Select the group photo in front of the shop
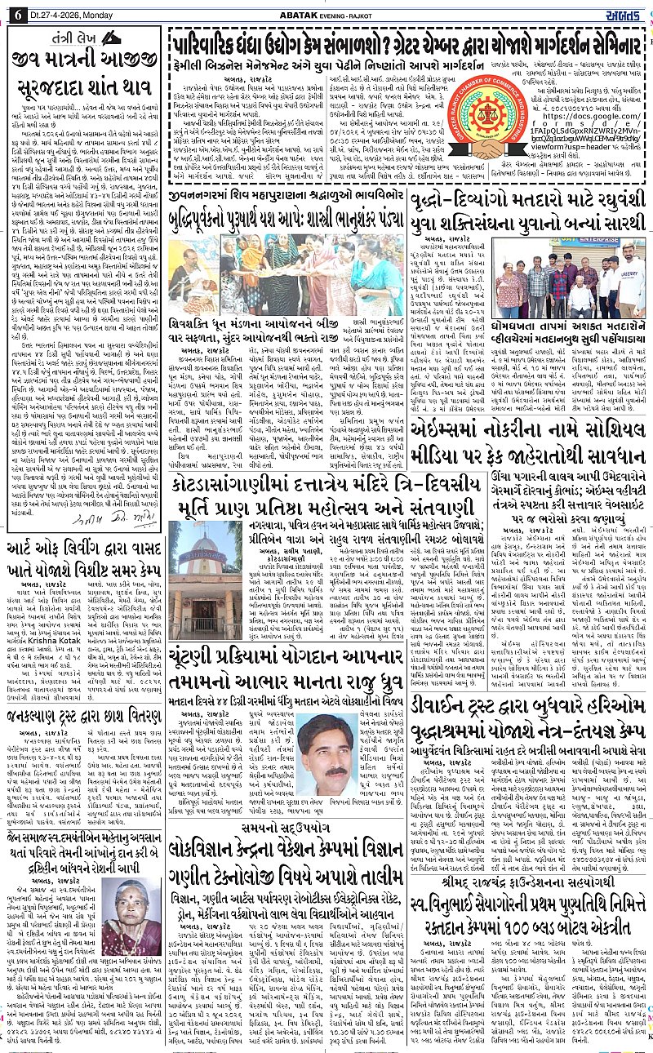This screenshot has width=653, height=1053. pos(569,278)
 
